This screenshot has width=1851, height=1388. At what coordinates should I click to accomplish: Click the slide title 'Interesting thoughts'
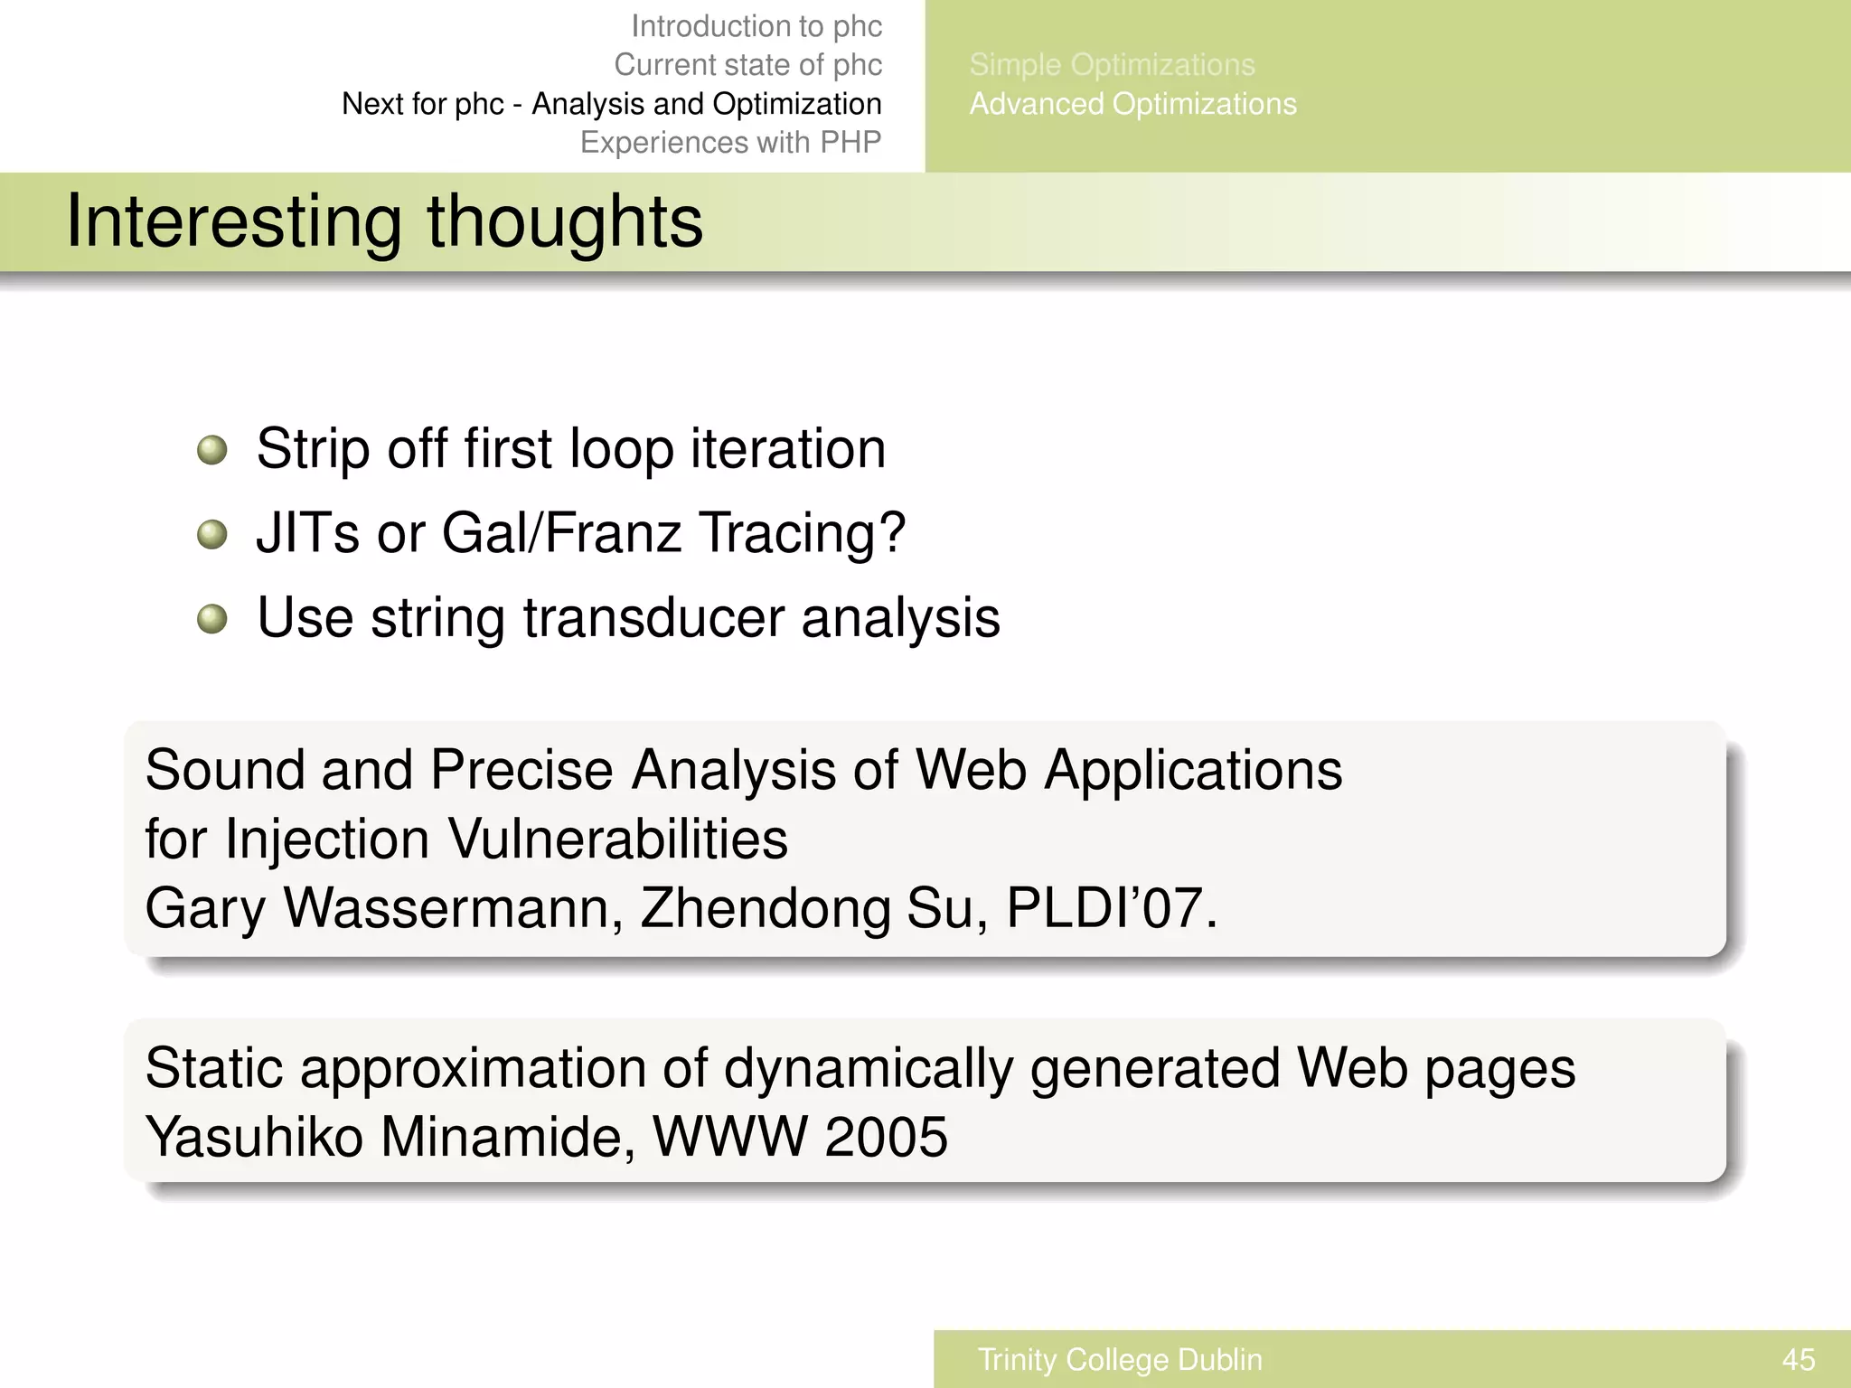[384, 221]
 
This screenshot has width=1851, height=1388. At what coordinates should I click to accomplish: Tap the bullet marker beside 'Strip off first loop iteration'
[211, 449]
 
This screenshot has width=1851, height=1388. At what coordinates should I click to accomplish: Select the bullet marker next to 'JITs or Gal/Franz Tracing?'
[211, 534]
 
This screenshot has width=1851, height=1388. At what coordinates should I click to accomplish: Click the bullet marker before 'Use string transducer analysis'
[211, 619]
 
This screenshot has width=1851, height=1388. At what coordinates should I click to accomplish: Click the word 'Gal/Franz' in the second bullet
[560, 533]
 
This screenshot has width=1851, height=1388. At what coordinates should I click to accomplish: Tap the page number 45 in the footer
[1798, 1359]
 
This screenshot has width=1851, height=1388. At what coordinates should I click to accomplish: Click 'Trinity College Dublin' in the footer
[1120, 1359]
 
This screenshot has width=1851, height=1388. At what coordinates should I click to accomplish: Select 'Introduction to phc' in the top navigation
[756, 26]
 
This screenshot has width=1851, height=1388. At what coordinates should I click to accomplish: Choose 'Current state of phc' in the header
[747, 65]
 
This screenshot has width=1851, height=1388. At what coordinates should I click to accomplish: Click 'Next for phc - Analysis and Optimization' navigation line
[611, 104]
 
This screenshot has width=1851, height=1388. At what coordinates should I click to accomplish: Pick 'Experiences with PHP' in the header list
[730, 143]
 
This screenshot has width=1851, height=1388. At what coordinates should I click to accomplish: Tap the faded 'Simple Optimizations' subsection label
[1112, 65]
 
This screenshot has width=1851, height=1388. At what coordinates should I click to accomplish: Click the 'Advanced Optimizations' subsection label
[1132, 104]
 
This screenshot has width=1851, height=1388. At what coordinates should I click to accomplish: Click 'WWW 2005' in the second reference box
[799, 1137]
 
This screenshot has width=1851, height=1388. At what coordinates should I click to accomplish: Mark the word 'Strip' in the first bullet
[313, 449]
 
